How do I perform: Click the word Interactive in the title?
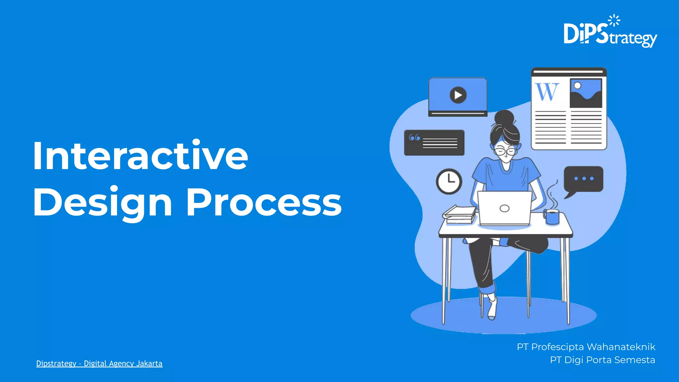140,155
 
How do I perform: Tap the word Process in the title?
264,202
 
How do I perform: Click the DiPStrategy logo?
610,33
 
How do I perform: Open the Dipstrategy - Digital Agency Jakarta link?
99,363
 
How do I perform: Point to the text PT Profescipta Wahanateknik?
586,347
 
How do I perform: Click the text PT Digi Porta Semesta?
602,360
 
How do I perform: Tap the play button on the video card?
458,95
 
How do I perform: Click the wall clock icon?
449,181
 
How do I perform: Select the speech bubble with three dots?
584,179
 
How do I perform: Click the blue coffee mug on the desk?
552,217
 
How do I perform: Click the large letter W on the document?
547,92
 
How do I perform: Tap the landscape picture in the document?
586,93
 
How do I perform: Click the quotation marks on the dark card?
414,137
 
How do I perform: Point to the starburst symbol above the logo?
614,20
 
